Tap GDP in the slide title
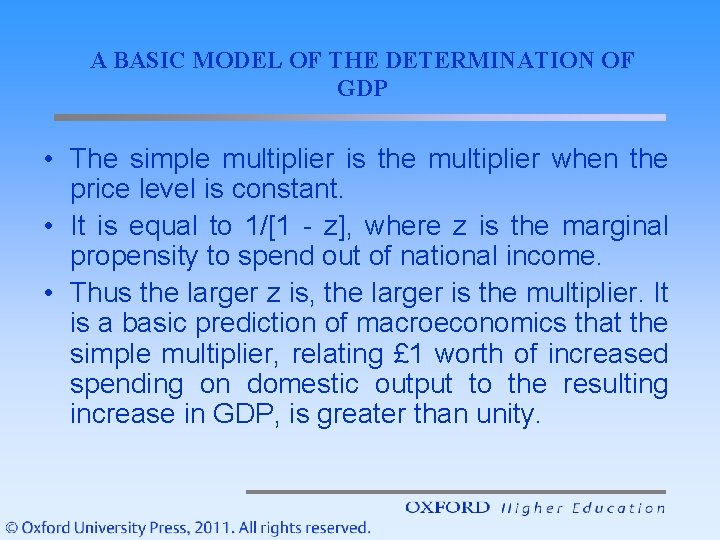pos(362,88)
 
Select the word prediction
pos(263,324)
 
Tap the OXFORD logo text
pos(447,508)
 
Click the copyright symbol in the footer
pos(11,527)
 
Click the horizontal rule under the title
pos(359,117)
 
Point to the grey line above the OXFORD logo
pos(455,492)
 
